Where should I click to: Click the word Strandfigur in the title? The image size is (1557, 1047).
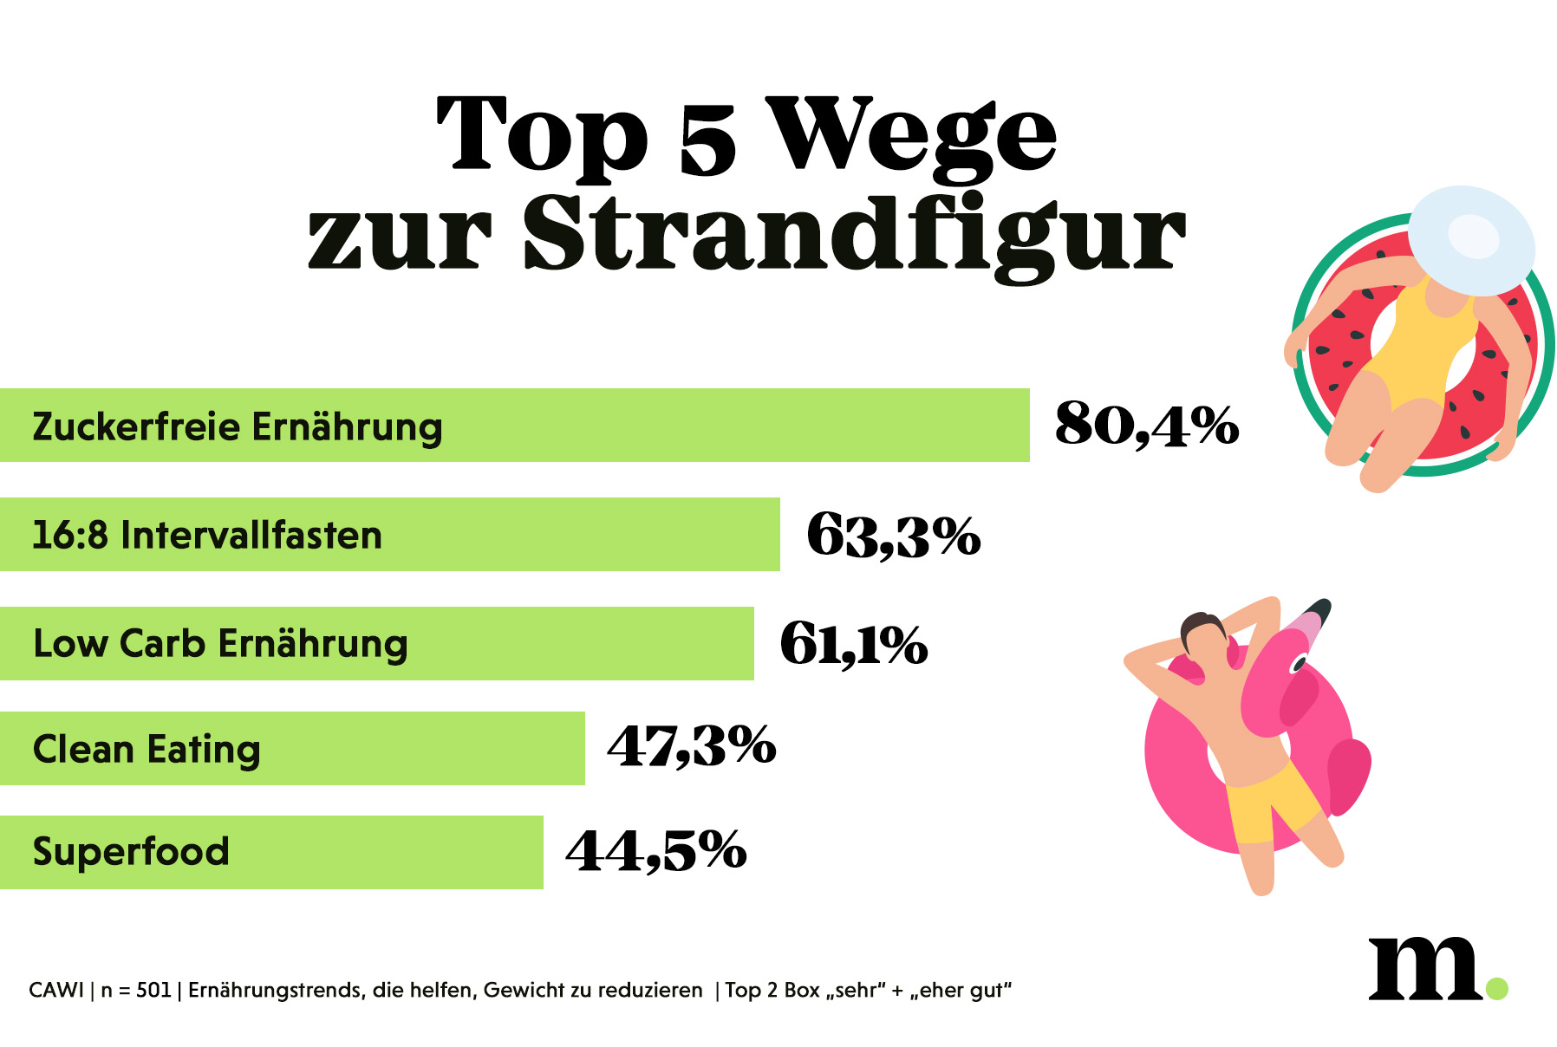854,232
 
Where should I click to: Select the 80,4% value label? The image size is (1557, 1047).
1146,425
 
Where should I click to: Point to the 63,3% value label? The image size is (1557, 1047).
893,535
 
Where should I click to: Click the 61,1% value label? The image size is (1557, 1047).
854,644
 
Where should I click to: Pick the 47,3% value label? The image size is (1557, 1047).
691,746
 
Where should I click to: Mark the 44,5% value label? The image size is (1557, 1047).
655,850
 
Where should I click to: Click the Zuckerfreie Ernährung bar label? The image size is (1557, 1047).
238,426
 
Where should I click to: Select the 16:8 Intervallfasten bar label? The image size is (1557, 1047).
207,535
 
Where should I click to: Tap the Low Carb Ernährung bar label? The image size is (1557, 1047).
220,644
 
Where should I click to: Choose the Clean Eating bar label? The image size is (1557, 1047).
147,750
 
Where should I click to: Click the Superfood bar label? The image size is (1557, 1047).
131,851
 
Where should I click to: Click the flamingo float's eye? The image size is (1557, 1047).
1298,664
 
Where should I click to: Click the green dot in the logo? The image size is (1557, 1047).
1496,988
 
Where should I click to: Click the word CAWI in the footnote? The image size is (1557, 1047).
56,990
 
